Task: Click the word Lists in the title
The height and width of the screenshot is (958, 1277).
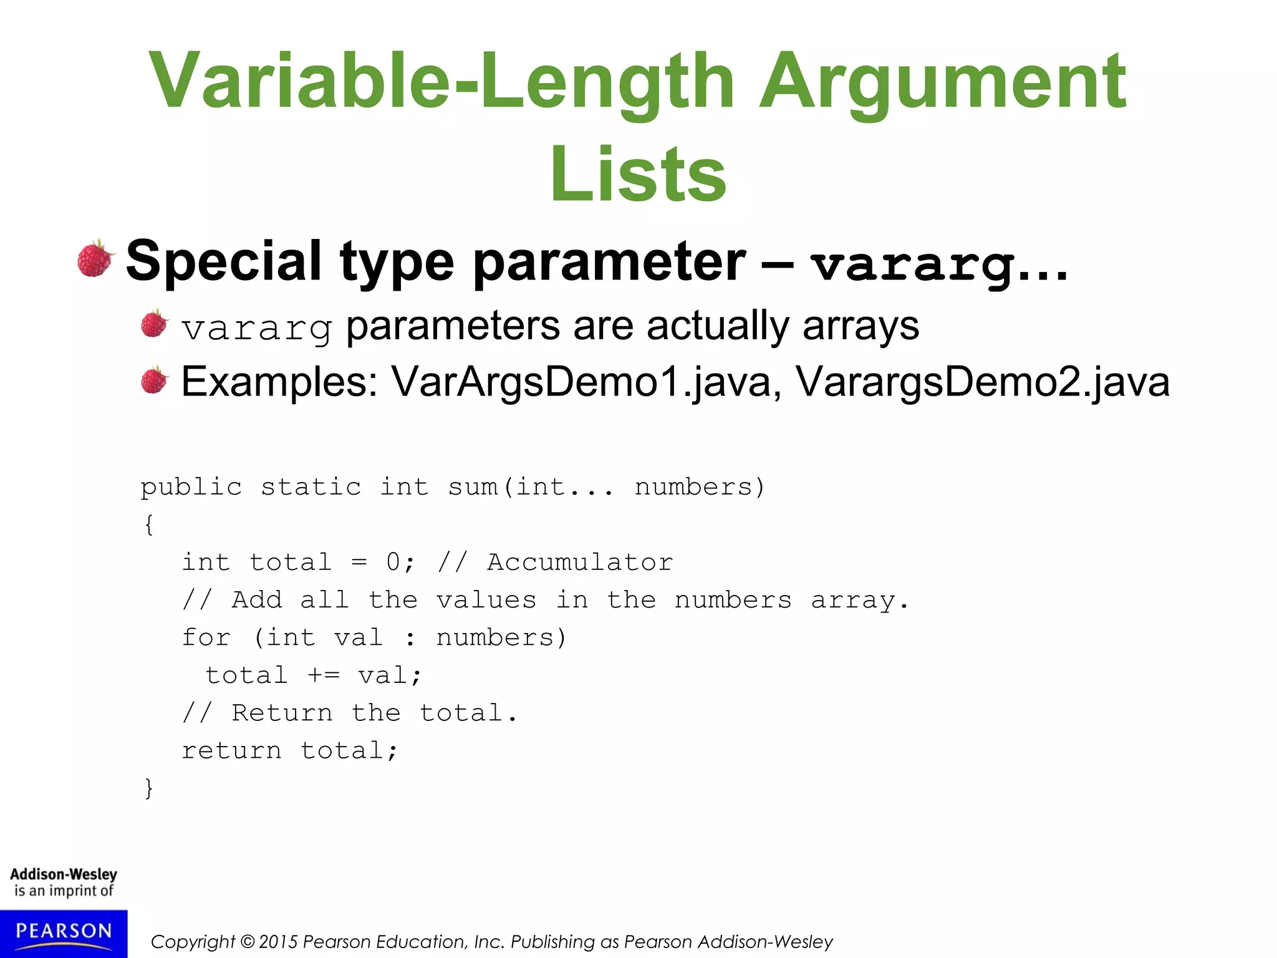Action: pyautogui.click(x=638, y=173)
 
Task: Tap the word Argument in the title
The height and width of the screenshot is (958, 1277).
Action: pyautogui.click(x=942, y=81)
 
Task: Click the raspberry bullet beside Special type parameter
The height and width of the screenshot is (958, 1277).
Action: pyautogui.click(x=95, y=259)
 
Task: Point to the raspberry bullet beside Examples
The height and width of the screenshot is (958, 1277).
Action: pyautogui.click(x=154, y=380)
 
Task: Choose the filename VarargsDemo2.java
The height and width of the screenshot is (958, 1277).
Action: pyautogui.click(x=982, y=381)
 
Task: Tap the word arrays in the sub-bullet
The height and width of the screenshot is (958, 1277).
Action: pyautogui.click(x=860, y=326)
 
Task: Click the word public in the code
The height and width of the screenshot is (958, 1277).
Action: pyautogui.click(x=191, y=487)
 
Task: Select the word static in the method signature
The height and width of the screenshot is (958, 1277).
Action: pyautogui.click(x=311, y=487)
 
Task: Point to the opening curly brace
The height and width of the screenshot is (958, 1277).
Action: pyautogui.click(x=148, y=524)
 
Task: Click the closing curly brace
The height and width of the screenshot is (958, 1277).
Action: pyautogui.click(x=148, y=788)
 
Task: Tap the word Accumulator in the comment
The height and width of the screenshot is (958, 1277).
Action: pyautogui.click(x=580, y=562)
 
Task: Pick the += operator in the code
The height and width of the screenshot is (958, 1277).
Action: pyautogui.click(x=323, y=675)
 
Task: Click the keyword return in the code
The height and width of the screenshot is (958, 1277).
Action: pyautogui.click(x=231, y=750)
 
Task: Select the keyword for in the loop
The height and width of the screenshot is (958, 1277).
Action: pyautogui.click(x=206, y=637)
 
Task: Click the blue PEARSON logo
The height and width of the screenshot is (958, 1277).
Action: pyautogui.click(x=64, y=933)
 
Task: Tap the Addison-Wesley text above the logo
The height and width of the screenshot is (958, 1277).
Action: pyautogui.click(x=64, y=874)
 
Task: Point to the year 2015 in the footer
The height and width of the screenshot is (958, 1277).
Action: pyautogui.click(x=277, y=942)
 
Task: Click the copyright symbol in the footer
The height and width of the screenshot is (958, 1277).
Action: pyautogui.click(x=248, y=942)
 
